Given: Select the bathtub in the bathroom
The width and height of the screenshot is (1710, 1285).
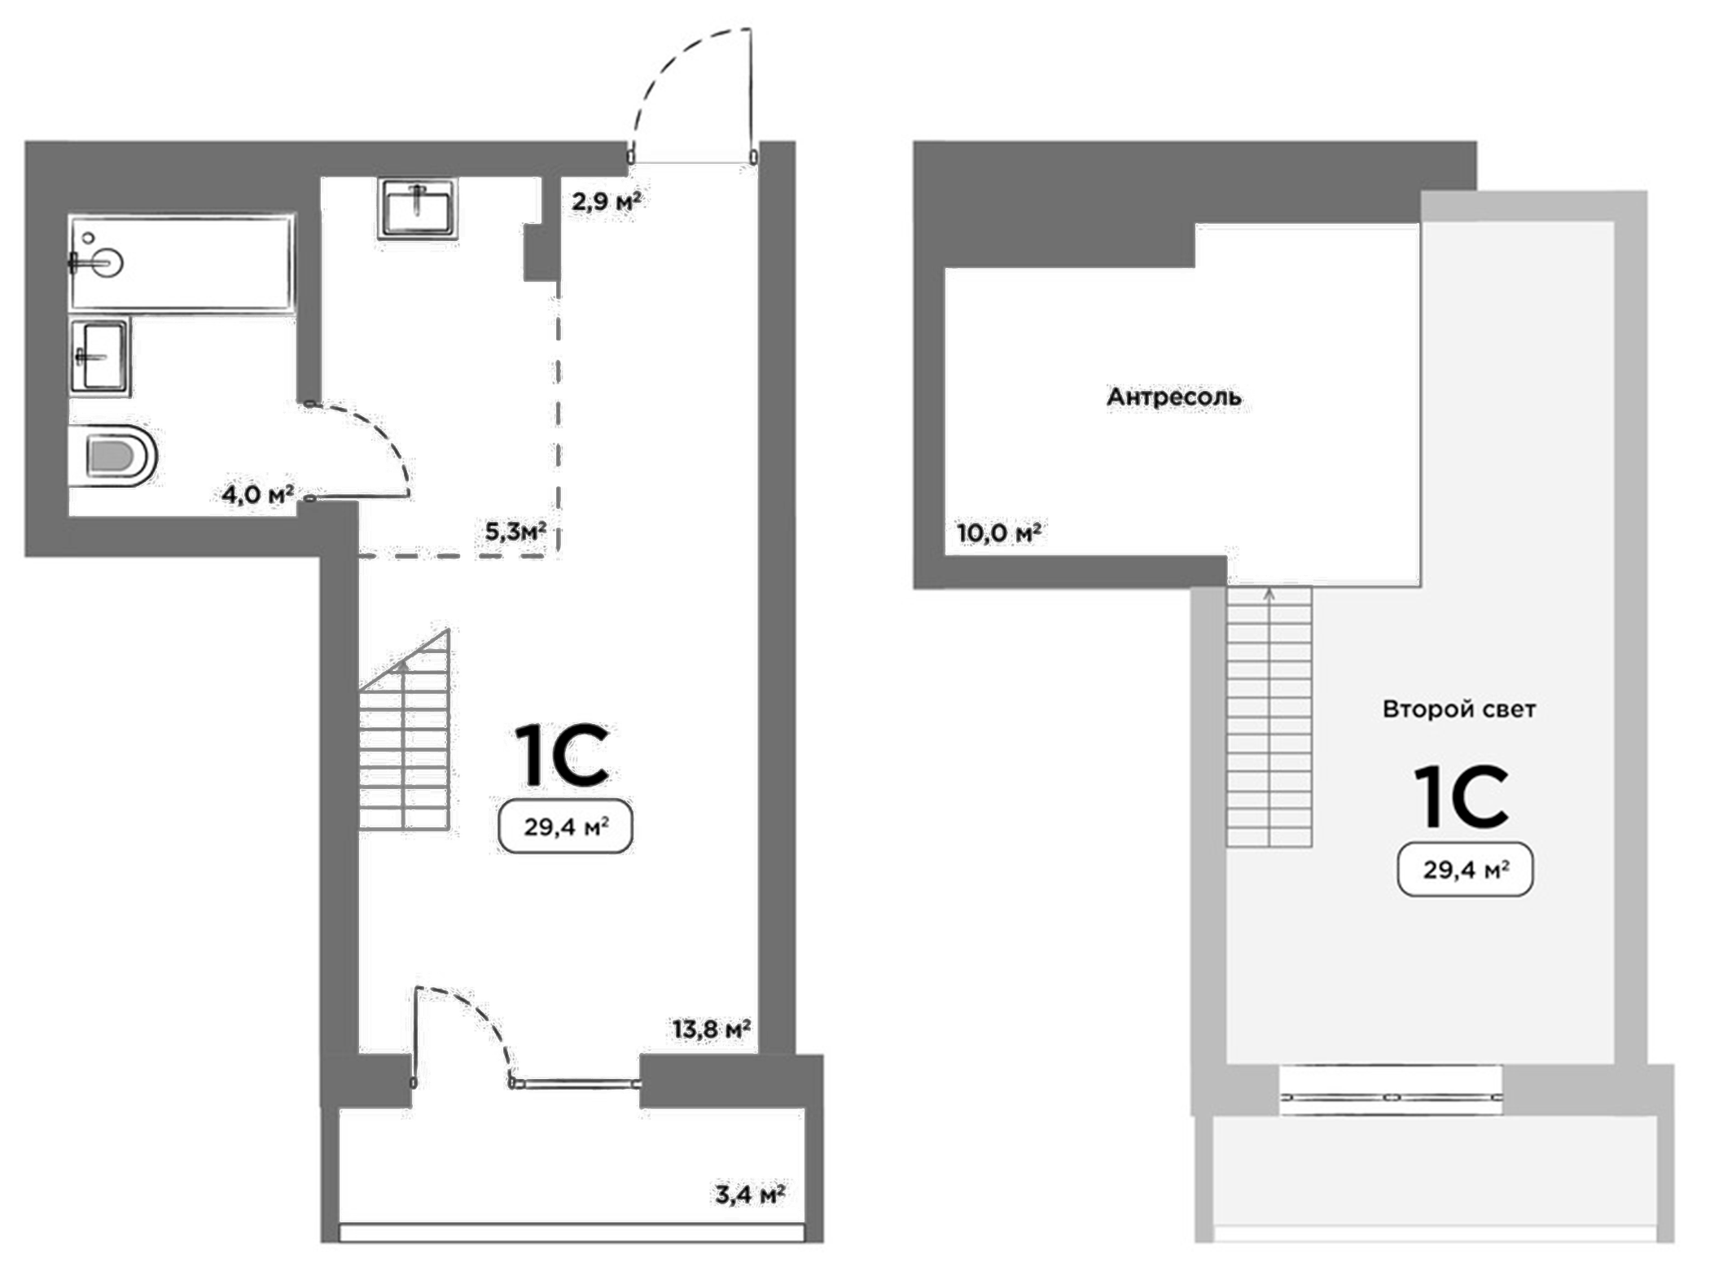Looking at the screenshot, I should pyautogui.click(x=181, y=262).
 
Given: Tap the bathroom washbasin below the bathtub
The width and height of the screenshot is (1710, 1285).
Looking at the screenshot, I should pyautogui.click(x=99, y=356).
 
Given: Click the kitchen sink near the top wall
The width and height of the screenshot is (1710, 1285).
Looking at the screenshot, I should pyautogui.click(x=418, y=208).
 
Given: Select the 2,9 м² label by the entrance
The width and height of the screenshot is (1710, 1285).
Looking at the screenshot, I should pyautogui.click(x=606, y=201).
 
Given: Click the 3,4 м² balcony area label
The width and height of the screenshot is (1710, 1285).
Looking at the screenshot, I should pyautogui.click(x=750, y=1195).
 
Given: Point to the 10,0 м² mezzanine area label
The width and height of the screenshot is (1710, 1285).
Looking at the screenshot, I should pyautogui.click(x=998, y=533).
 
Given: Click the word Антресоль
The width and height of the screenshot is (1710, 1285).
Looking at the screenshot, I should pyautogui.click(x=1173, y=397).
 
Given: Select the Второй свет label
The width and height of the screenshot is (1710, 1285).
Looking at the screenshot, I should pyautogui.click(x=1458, y=709).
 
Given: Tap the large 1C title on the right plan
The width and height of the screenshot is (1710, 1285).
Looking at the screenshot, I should pyautogui.click(x=1462, y=797).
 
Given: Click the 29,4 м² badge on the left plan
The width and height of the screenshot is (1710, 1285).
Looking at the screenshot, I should pyautogui.click(x=565, y=827).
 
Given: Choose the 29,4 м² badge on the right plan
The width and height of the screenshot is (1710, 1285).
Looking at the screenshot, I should pyautogui.click(x=1465, y=871).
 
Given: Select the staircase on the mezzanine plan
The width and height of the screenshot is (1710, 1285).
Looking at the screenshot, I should pyautogui.click(x=1269, y=717).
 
